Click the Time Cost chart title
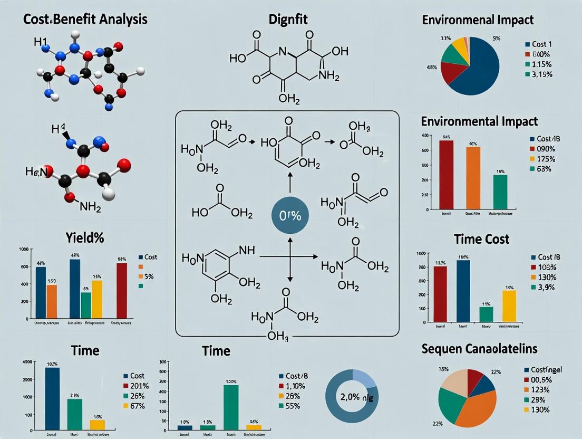pos(481,239)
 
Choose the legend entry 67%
pos(137,405)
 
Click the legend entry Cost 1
pos(545,44)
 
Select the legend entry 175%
pos(548,159)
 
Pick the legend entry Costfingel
pos(551,370)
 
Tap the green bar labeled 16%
pos(500,192)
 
